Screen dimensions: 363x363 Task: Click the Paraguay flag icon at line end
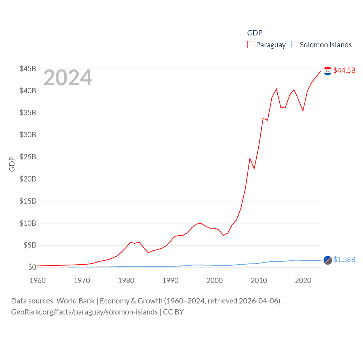point(328,71)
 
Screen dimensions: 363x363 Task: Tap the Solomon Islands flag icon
point(328,260)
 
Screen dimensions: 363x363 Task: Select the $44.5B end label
point(344,70)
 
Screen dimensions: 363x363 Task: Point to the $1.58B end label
point(344,259)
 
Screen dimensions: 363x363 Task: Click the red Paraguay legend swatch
point(251,45)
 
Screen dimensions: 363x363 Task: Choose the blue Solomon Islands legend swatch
point(295,45)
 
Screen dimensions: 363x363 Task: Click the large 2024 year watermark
point(67,78)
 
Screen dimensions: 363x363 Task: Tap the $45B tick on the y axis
point(28,69)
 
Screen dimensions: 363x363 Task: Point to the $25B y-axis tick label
point(28,157)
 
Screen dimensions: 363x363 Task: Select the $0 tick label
point(32,267)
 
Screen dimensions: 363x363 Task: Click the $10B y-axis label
point(28,223)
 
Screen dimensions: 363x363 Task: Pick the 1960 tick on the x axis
point(38,280)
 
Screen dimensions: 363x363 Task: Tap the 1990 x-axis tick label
point(170,280)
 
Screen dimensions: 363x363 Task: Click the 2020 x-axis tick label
point(303,280)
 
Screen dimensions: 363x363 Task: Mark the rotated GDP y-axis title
point(12,164)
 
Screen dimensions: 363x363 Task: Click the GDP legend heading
point(255,33)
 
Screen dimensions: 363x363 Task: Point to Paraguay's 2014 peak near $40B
point(276,89)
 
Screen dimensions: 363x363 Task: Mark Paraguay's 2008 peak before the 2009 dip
point(250,159)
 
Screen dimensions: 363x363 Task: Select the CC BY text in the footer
point(173,312)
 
